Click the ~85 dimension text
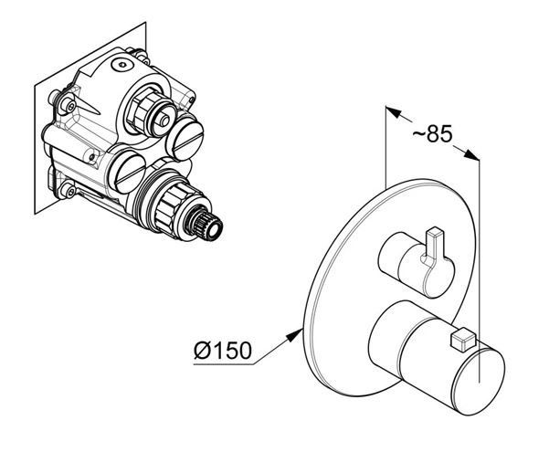(x=432, y=133)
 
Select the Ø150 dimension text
(x=223, y=350)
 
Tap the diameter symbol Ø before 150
(x=203, y=350)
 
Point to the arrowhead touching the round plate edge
(x=294, y=335)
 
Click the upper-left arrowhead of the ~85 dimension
(x=393, y=111)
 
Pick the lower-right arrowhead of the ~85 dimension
(x=471, y=154)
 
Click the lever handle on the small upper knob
(x=434, y=247)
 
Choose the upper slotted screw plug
(x=185, y=137)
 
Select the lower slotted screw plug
(x=126, y=171)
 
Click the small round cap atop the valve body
(x=122, y=65)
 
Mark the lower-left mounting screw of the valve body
(x=68, y=190)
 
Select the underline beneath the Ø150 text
(x=224, y=364)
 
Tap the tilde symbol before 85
(x=418, y=133)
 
